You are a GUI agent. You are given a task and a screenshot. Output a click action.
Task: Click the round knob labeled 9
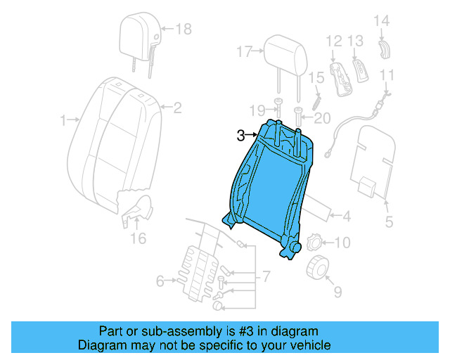coord(319,267)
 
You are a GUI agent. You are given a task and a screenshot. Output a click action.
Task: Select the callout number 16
coord(138,239)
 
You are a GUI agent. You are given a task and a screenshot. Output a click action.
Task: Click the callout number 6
coord(160,281)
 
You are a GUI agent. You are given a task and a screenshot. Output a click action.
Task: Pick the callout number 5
coord(389,224)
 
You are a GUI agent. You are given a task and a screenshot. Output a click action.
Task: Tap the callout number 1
coord(64,120)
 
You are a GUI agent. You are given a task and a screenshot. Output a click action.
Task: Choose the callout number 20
coord(322,117)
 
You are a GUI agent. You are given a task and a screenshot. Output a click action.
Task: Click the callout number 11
coord(387,75)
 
